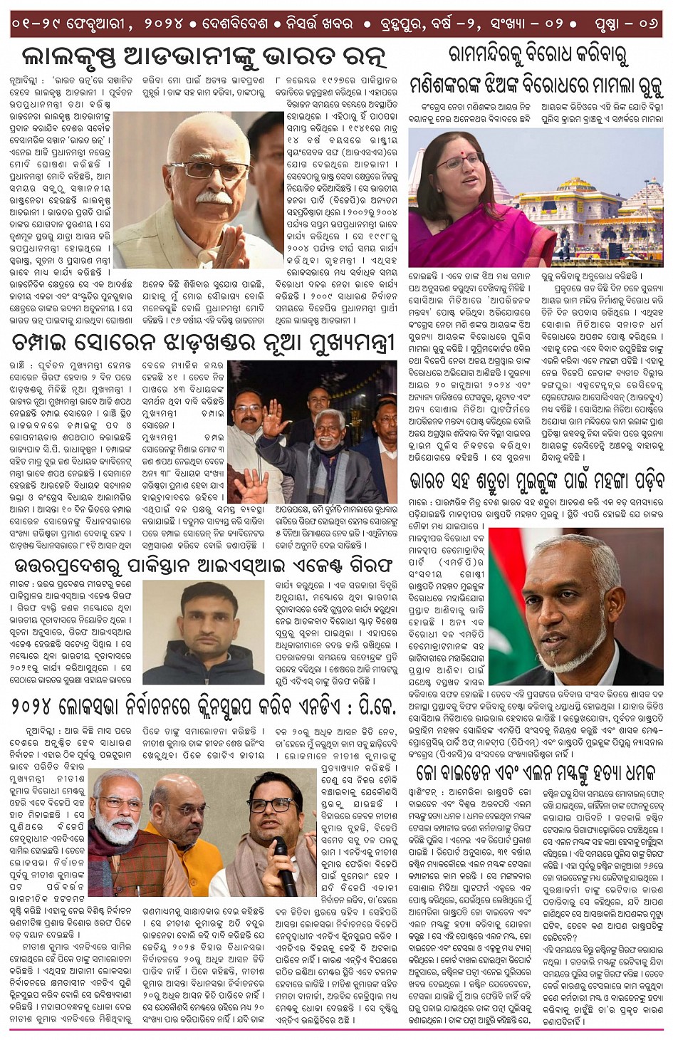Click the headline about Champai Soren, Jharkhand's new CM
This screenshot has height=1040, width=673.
pos(203,343)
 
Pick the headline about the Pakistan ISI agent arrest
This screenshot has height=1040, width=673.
pos(203,566)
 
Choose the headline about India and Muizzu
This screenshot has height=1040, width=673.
pos(536,482)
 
